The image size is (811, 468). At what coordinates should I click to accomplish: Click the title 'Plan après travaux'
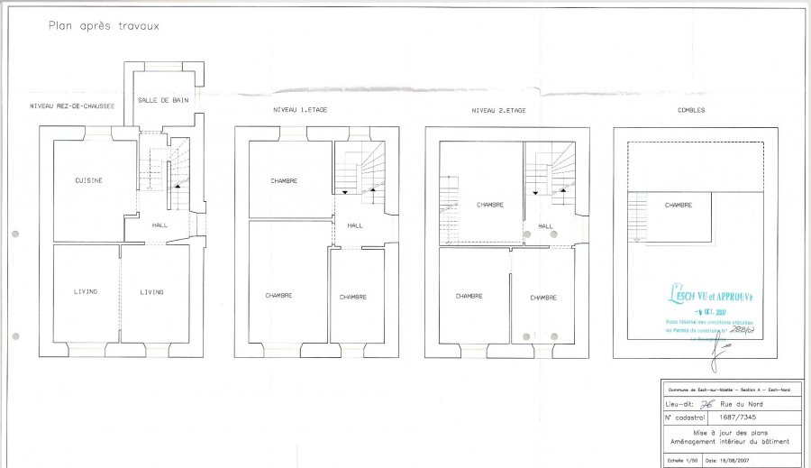pos(104,26)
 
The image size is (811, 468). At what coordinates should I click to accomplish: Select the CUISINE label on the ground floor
pos(89,180)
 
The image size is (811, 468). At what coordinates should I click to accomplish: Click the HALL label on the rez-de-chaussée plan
pos(159,225)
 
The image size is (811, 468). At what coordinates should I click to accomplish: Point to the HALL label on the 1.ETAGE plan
pos(355,225)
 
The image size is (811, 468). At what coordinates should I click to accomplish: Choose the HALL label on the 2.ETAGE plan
pos(545,226)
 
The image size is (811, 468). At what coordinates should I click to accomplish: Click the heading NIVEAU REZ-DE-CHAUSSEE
pos(72,106)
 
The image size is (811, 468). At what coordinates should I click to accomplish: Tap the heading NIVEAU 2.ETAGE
pos(497,110)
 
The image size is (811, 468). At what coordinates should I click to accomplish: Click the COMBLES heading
pos(692,110)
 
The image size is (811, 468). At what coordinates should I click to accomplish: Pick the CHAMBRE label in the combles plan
pos(678,206)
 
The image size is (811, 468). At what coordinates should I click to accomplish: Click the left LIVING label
pos(86,291)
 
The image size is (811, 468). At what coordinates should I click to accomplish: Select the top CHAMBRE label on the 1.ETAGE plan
pos(284,181)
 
